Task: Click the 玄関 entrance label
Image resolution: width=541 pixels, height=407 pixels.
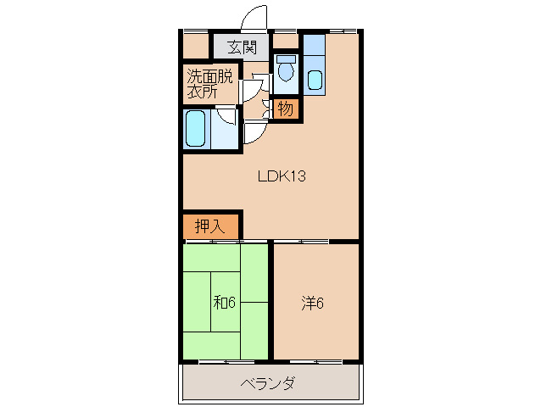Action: (242, 47)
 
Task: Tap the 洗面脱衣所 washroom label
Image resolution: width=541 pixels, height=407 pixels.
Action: (209, 84)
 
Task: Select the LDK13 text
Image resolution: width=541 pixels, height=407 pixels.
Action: (282, 177)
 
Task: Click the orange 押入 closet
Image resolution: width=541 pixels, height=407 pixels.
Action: (211, 226)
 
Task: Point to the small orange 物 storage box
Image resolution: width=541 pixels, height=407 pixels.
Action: (285, 109)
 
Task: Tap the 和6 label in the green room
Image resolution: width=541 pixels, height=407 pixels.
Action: (223, 302)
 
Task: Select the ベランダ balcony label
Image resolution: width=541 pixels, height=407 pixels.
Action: (268, 384)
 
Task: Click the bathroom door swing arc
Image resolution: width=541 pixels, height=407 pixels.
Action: (226, 117)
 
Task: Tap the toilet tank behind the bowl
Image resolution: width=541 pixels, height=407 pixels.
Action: (287, 60)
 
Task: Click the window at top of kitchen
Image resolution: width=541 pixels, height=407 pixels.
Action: (342, 31)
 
